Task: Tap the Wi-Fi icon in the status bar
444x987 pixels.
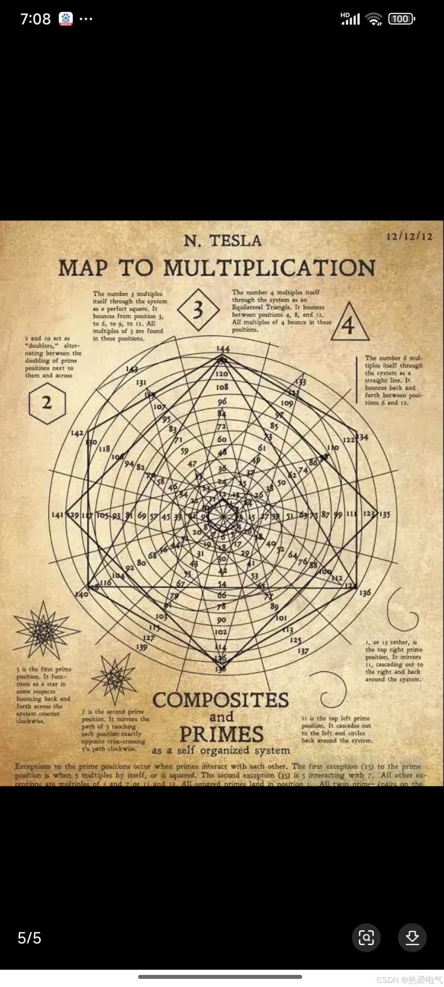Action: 374,19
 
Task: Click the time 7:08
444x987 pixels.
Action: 35,19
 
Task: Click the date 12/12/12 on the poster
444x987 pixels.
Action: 409,236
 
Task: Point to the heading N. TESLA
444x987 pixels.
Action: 222,241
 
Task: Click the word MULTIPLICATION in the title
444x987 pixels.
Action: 269,268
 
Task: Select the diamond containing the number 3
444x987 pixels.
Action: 198,310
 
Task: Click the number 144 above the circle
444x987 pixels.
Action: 223,349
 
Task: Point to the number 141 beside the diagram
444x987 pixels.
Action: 57,515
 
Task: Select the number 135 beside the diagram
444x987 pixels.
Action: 385,514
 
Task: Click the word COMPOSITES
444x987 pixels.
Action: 221,700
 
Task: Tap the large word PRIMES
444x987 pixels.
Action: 222,734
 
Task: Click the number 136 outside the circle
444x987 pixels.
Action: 365,593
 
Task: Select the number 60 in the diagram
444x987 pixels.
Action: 222,439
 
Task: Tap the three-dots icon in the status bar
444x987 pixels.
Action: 86,19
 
